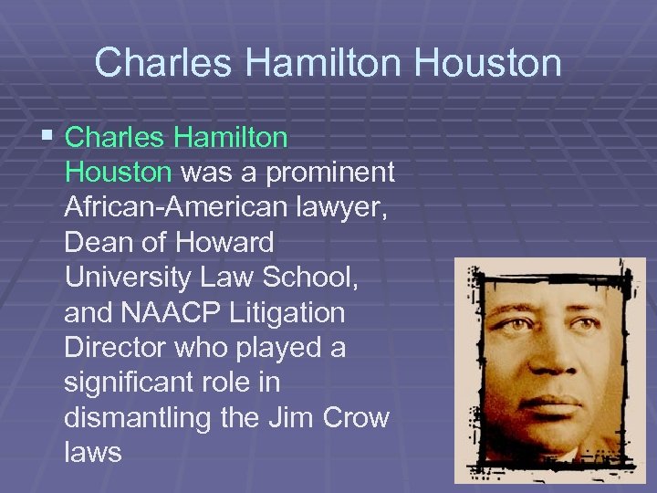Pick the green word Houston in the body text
pyautogui.click(x=118, y=173)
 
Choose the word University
pyautogui.click(x=129, y=278)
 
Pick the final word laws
pyautogui.click(x=93, y=454)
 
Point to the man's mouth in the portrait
pyautogui.click(x=547, y=402)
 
